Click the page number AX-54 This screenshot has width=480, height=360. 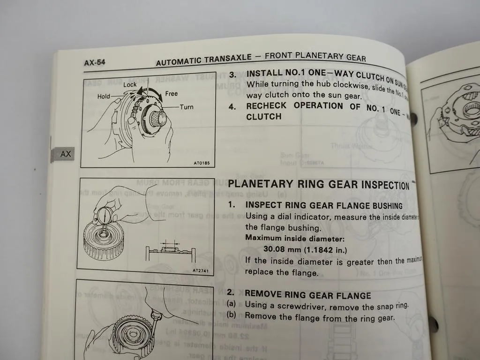(95, 62)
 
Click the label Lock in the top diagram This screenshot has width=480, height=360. (130, 85)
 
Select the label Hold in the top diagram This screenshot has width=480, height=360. (104, 97)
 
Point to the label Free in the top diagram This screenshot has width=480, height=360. (172, 94)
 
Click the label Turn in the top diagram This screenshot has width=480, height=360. (187, 107)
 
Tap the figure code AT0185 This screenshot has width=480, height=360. (202, 163)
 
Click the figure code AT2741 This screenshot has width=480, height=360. (200, 270)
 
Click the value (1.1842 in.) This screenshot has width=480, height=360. (324, 249)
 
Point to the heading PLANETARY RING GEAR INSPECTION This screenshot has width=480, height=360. (318, 184)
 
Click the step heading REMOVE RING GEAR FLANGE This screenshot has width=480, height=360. (307, 295)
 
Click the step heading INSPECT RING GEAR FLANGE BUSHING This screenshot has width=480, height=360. (323, 205)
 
